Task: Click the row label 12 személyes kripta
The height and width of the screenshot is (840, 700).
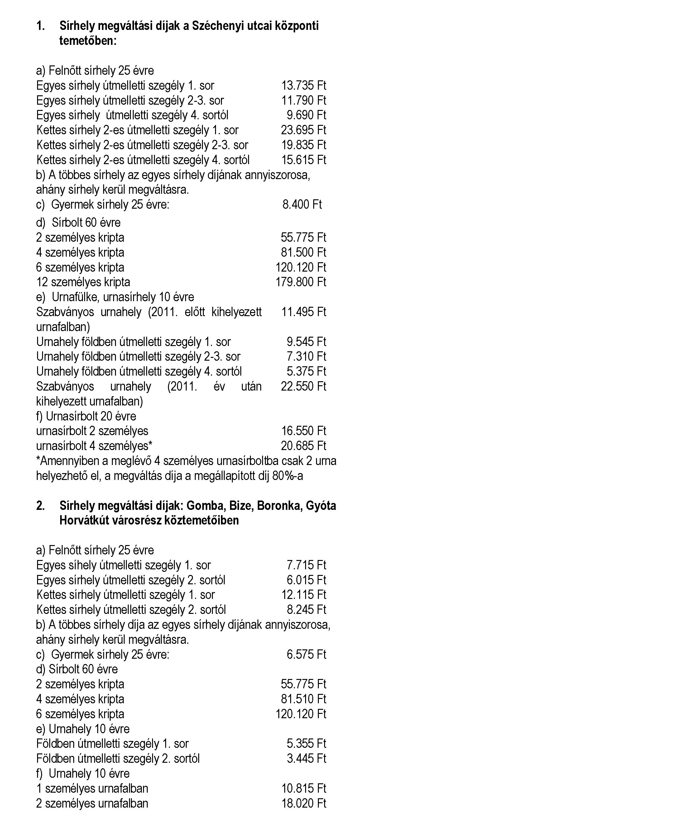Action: click(83, 282)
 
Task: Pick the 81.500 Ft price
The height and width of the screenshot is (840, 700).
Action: click(303, 252)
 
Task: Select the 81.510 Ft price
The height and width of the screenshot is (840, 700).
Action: click(303, 699)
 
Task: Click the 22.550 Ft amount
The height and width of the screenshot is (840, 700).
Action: click(303, 387)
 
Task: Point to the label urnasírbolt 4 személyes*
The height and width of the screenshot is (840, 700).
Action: click(94, 446)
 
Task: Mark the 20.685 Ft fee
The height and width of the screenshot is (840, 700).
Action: click(303, 446)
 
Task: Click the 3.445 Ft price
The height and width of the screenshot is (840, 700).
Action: click(306, 758)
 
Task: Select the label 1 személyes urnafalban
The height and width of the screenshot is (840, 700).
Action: click(92, 788)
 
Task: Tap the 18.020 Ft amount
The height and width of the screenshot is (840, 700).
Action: click(303, 803)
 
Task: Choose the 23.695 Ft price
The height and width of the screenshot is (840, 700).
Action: click(303, 130)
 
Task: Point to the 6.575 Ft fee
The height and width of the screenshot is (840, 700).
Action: click(306, 654)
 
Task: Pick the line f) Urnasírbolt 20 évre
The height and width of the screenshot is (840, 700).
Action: click(86, 416)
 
